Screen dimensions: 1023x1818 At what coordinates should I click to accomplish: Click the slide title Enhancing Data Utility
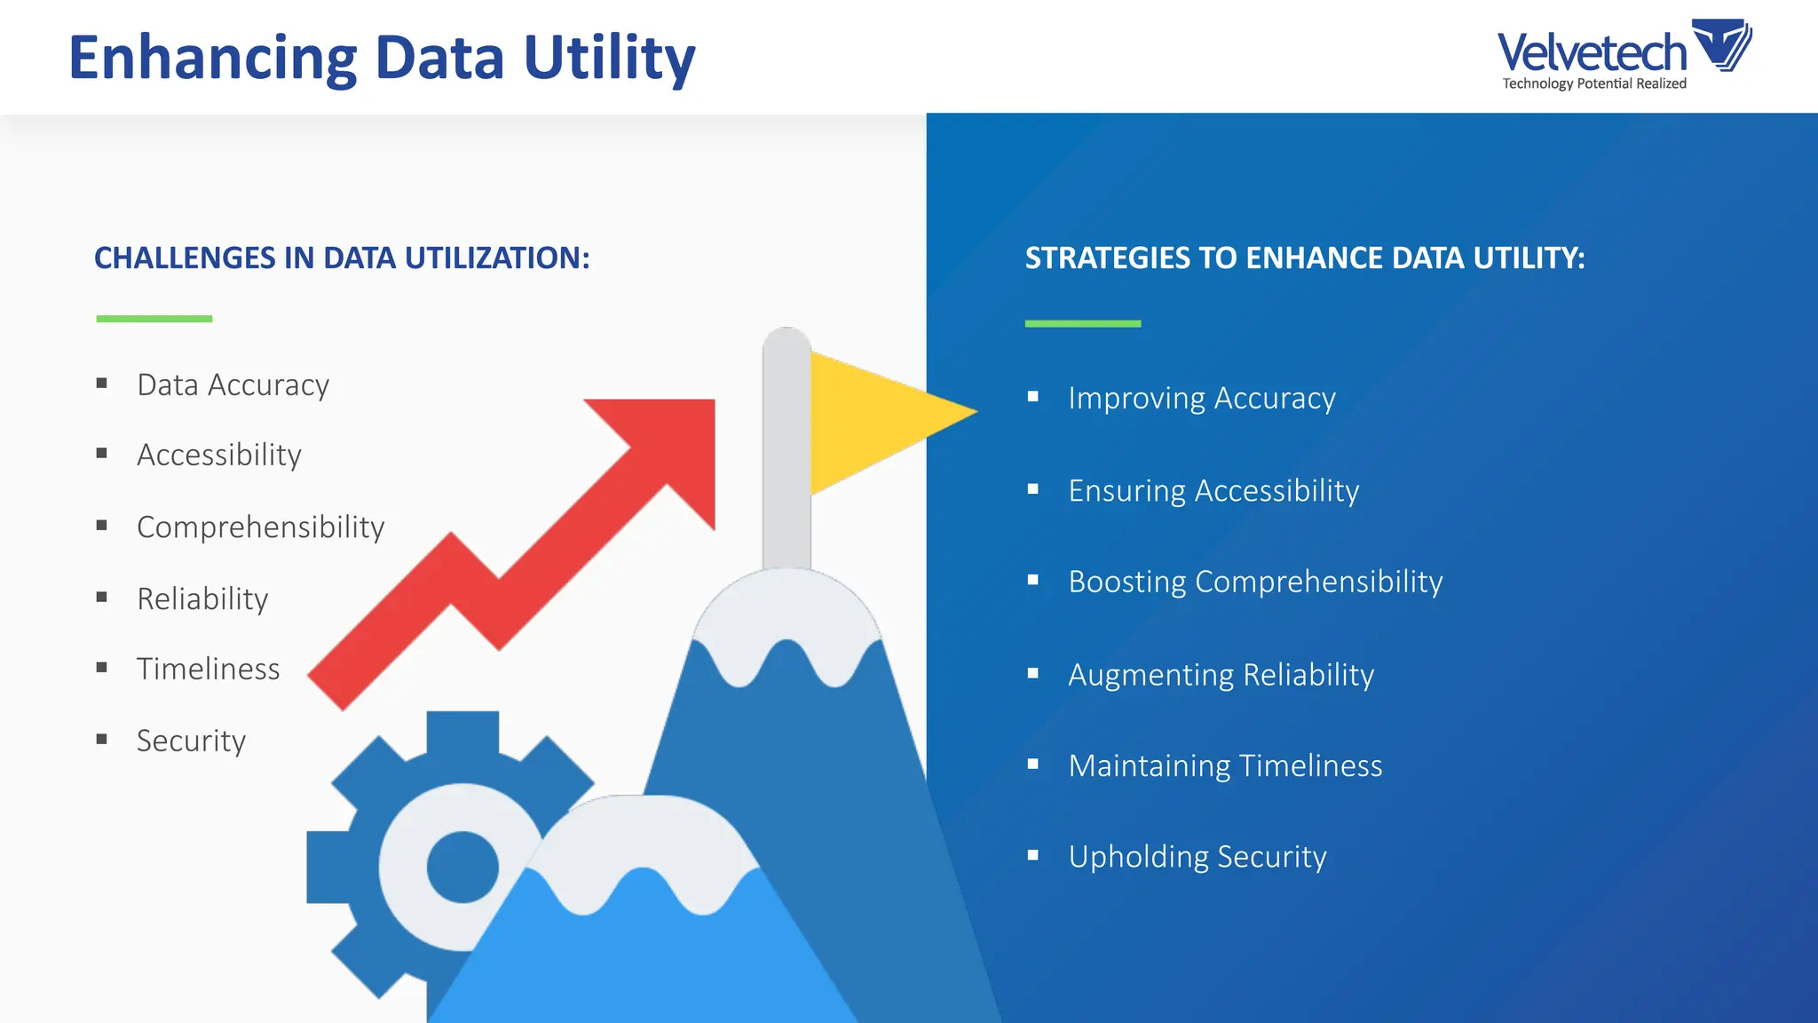(x=382, y=59)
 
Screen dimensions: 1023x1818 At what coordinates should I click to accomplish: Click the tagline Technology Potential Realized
(x=1594, y=83)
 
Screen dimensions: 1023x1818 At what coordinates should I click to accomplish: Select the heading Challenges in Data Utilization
(x=342, y=258)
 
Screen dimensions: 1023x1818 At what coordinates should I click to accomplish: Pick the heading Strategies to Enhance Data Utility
(x=1305, y=258)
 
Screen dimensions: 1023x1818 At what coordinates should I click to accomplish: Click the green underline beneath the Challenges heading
(x=154, y=318)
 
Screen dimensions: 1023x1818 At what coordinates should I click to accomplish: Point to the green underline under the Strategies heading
(x=1083, y=323)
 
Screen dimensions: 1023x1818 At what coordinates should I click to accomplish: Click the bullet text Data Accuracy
(x=233, y=385)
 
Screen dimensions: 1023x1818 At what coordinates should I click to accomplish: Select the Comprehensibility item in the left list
(x=260, y=527)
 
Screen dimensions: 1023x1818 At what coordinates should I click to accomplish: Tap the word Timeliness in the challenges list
(x=208, y=670)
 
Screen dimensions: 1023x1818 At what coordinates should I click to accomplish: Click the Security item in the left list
(x=191, y=741)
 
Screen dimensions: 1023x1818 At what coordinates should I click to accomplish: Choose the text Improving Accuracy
(x=1202, y=399)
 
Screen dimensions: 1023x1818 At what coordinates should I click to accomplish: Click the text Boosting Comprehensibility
(x=1255, y=583)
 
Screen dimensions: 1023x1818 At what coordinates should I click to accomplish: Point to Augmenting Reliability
(x=1221, y=675)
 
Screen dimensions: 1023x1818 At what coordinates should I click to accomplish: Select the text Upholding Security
(x=1198, y=857)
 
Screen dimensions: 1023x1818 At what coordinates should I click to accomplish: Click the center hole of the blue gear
(x=462, y=867)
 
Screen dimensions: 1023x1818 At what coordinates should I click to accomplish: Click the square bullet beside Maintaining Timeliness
(x=1032, y=765)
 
